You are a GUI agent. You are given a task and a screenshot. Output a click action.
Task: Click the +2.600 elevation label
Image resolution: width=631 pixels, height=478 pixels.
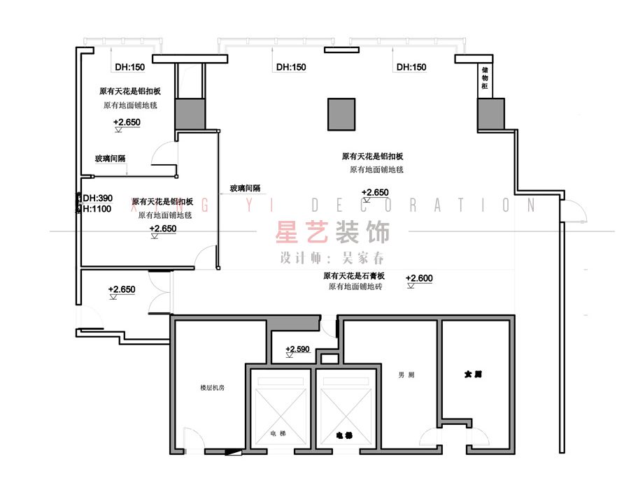pos(419,278)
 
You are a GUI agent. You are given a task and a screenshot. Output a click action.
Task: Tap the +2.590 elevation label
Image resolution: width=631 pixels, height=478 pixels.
pos(297,349)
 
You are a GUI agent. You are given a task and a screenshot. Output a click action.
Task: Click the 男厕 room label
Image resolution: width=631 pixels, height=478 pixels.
pos(406,375)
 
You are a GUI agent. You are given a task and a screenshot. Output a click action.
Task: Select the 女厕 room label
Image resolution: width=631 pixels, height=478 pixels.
pos(473,375)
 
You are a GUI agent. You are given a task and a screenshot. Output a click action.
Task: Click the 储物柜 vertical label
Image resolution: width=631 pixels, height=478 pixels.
pos(484,79)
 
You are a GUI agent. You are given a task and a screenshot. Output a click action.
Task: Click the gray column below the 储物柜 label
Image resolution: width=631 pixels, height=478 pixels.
pos(490,115)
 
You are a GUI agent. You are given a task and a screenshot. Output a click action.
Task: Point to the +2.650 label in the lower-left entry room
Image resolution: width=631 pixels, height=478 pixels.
pos(122,289)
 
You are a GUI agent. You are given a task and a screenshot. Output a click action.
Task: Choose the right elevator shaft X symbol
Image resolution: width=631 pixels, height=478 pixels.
pos(343,407)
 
